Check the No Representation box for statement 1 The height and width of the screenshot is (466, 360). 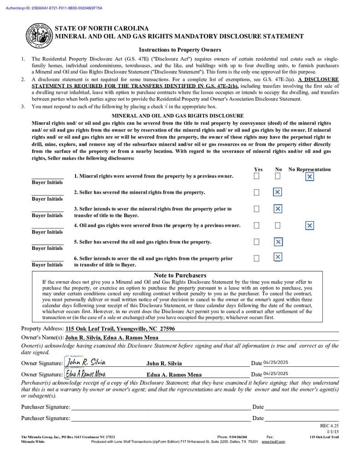point(309,177)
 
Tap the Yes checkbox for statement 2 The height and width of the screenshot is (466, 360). point(257,192)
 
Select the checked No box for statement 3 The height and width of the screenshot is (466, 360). point(278,209)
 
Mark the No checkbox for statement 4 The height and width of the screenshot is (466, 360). point(278,225)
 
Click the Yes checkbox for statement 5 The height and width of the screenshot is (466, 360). point(257,242)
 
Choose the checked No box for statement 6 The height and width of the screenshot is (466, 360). point(278,258)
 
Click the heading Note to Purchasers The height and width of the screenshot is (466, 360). point(180,275)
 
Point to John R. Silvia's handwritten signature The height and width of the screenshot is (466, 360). point(86,362)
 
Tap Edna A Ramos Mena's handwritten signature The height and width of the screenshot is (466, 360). point(86,374)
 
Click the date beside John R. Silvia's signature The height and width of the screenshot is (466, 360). point(275,362)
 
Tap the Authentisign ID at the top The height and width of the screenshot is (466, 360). point(54,8)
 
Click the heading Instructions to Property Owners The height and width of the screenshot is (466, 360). point(180,50)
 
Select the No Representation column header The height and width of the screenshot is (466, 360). point(309,169)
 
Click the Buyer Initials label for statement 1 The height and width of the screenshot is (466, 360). point(47,182)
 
